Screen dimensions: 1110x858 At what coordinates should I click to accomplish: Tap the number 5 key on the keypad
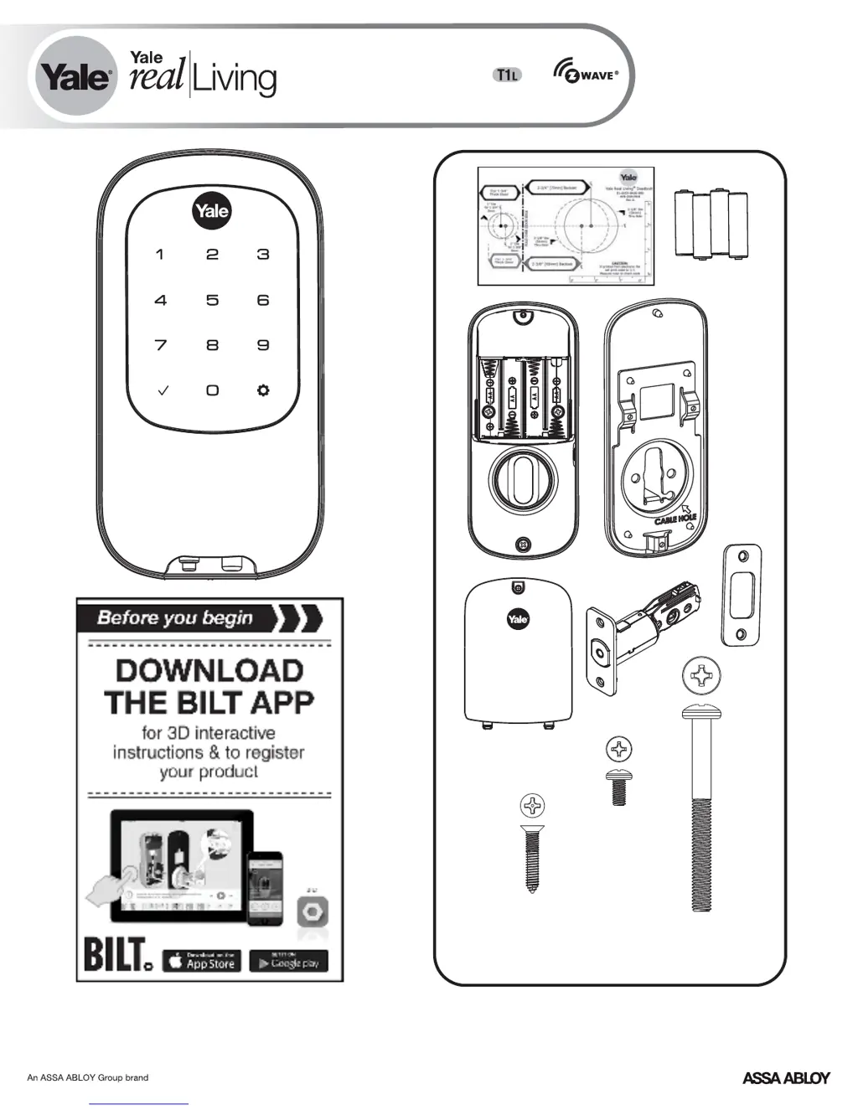pyautogui.click(x=213, y=300)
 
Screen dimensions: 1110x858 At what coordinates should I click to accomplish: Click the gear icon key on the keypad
pyautogui.click(x=263, y=390)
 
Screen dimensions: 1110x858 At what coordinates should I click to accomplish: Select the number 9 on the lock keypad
pyautogui.click(x=263, y=345)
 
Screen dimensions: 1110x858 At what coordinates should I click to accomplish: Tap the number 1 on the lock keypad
pyautogui.click(x=160, y=255)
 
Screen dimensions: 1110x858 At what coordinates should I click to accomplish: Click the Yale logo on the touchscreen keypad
pyautogui.click(x=211, y=210)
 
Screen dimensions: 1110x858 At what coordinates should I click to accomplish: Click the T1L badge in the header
pyautogui.click(x=506, y=75)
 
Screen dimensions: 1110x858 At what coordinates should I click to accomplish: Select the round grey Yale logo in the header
pyautogui.click(x=75, y=77)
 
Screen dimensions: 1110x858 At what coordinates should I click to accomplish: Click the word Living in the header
pyautogui.click(x=235, y=78)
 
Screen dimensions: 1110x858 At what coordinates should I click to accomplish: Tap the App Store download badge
pyautogui.click(x=202, y=962)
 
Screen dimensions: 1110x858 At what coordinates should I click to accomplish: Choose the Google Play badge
pyautogui.click(x=289, y=962)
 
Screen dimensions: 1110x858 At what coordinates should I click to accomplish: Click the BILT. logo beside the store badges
pyautogui.click(x=117, y=956)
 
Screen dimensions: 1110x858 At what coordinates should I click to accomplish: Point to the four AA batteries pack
pyautogui.click(x=711, y=224)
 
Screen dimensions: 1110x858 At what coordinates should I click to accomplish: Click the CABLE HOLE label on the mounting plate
pyautogui.click(x=675, y=519)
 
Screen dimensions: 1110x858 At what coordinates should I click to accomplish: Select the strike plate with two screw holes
pyautogui.click(x=742, y=595)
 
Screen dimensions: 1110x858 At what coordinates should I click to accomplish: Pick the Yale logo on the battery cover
pyautogui.click(x=518, y=619)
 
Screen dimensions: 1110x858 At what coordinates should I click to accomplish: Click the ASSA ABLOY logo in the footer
pyautogui.click(x=785, y=1078)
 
